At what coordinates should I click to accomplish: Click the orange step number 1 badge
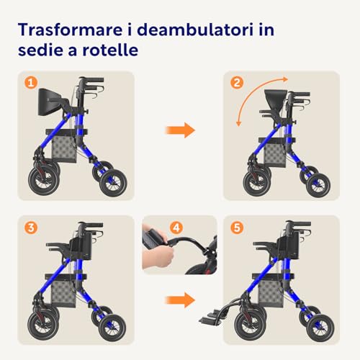point(31,83)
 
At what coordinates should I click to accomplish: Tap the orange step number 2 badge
point(237,83)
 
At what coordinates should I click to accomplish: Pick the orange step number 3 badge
point(31,228)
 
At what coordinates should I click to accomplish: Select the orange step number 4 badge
point(176,228)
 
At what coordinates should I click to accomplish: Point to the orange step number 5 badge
point(237,228)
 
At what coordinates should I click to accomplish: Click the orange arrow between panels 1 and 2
point(180,130)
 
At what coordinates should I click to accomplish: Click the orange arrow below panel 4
point(180,300)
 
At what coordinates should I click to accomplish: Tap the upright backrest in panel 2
point(276,99)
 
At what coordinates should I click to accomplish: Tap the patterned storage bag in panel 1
point(64,149)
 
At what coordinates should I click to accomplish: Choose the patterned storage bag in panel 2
point(275,155)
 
